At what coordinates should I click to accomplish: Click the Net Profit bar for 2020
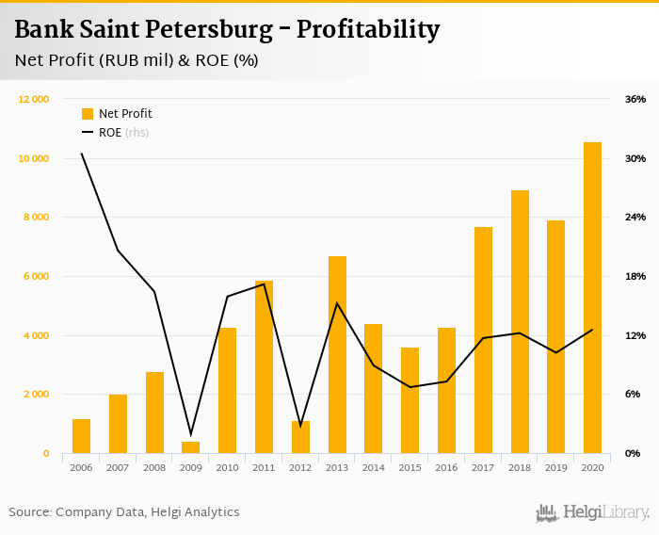click(592, 298)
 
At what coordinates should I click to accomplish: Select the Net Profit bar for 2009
click(191, 447)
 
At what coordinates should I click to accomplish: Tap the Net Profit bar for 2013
click(337, 354)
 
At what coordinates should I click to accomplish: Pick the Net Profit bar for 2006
click(82, 436)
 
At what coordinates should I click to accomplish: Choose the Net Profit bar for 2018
click(520, 321)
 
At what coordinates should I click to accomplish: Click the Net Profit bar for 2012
click(300, 437)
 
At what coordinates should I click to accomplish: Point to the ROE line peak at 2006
click(82, 154)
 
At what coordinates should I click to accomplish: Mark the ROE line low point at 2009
click(191, 434)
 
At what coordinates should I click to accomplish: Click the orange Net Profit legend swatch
click(88, 114)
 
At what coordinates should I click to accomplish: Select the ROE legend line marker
click(88, 133)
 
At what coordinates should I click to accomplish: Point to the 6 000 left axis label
click(36, 276)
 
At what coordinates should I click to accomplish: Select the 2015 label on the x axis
click(410, 468)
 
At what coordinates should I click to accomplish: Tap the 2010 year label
click(228, 468)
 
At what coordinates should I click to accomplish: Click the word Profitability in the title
click(368, 30)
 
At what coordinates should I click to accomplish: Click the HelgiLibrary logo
click(593, 512)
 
